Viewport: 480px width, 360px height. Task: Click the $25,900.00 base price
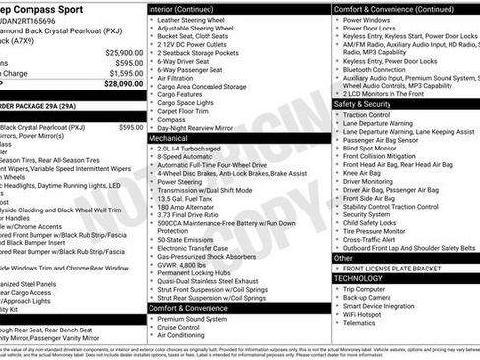pyautogui.click(x=122, y=51)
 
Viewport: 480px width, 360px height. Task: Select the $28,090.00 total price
pyautogui.click(x=122, y=84)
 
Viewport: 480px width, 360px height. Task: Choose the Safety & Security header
pyautogui.click(x=362, y=103)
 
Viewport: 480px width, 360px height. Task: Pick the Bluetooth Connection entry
pyautogui.click(x=385, y=70)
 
